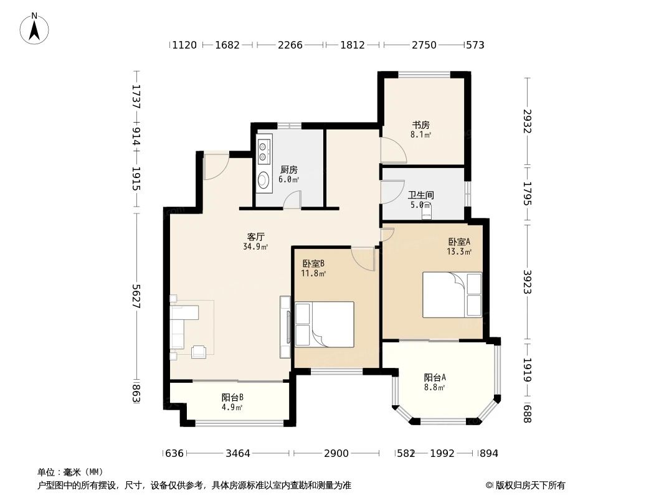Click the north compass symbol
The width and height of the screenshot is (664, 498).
(x=36, y=27)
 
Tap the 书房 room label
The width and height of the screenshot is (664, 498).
(x=421, y=125)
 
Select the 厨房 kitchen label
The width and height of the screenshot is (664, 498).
(x=288, y=169)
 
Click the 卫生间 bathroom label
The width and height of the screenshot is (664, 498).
(x=422, y=195)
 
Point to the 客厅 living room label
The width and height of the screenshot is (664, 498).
(x=256, y=237)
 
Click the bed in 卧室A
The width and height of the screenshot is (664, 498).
(x=452, y=294)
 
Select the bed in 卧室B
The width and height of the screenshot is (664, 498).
(x=324, y=324)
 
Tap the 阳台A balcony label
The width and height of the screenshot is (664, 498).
(x=435, y=377)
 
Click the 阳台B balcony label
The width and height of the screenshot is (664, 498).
(x=232, y=397)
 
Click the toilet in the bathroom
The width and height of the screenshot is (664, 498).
(x=427, y=213)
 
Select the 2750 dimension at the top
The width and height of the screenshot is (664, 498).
(x=424, y=45)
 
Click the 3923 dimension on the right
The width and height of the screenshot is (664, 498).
(x=528, y=282)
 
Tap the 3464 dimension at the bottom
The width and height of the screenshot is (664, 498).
(x=238, y=453)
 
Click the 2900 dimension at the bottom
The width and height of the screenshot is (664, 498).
(x=336, y=453)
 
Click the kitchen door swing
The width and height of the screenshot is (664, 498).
(x=292, y=199)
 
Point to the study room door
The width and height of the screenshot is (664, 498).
(x=392, y=148)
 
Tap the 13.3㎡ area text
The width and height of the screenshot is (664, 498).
(x=458, y=252)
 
